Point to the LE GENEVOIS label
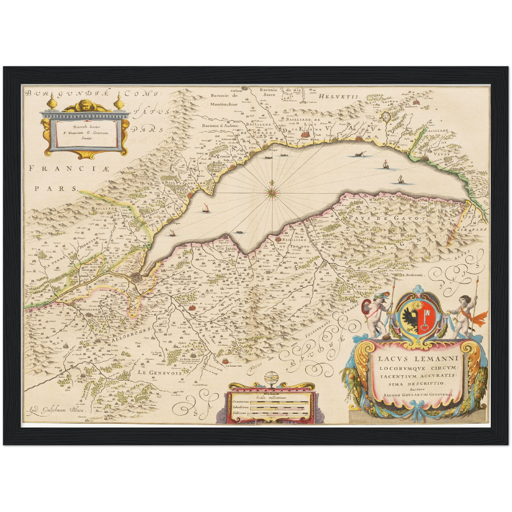(160, 373)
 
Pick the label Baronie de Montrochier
(224, 100)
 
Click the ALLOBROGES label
(133, 334)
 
